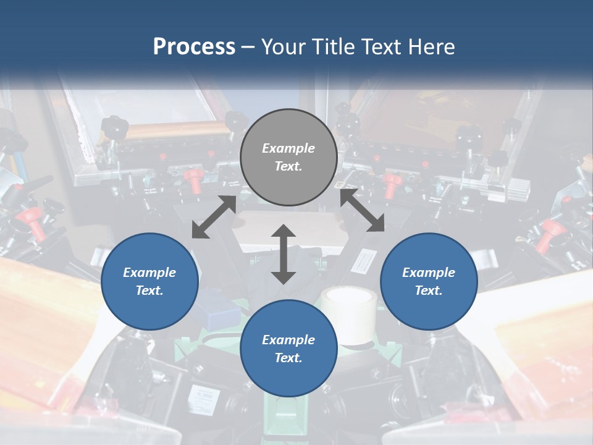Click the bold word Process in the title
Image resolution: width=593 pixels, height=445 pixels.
[194, 46]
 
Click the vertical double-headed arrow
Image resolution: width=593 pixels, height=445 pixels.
[284, 254]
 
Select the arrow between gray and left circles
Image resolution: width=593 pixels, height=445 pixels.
[214, 217]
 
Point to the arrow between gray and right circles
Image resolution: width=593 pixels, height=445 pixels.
[362, 211]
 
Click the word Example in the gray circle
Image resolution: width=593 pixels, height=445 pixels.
[288, 148]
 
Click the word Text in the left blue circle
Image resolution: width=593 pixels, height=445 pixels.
[149, 290]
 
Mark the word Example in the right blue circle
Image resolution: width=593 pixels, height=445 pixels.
[429, 273]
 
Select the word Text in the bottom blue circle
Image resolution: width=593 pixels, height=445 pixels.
[288, 358]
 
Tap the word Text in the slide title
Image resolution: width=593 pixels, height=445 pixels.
[380, 46]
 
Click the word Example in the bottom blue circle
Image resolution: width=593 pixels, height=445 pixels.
[288, 340]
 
